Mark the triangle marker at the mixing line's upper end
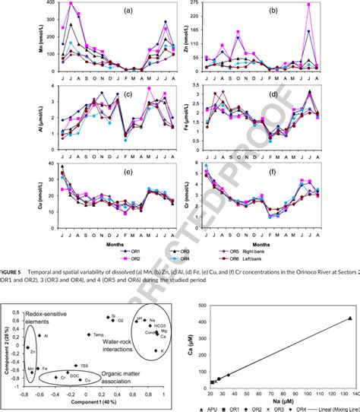pyautogui.click(x=349, y=319)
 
